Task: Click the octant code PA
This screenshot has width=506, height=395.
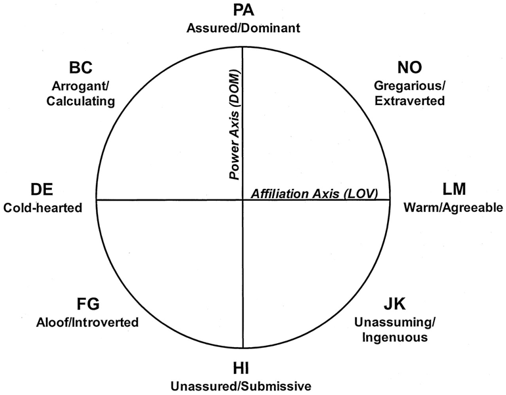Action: coord(243,11)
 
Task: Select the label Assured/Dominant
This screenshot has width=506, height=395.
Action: coord(243,28)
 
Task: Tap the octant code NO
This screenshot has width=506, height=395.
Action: coord(409,68)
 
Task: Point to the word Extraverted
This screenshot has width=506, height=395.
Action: coord(409,101)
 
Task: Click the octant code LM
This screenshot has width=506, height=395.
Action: coord(454,190)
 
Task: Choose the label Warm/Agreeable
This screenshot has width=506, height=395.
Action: coord(453,208)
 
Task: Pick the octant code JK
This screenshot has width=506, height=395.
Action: coord(394,305)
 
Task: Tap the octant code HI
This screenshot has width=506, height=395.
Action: coord(242,368)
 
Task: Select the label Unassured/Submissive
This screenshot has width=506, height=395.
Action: coord(242,385)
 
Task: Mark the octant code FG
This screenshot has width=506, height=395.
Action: coord(87,304)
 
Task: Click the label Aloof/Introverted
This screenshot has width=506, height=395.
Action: coord(87,322)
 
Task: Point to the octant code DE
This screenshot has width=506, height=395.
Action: coord(43,190)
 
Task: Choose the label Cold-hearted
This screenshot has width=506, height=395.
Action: coord(43,208)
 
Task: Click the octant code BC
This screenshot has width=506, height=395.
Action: coord(81,68)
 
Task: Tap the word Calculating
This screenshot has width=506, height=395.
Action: coord(81,101)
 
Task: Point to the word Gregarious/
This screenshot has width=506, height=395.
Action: coord(409,86)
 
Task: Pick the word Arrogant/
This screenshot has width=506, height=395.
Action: coord(81,86)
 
